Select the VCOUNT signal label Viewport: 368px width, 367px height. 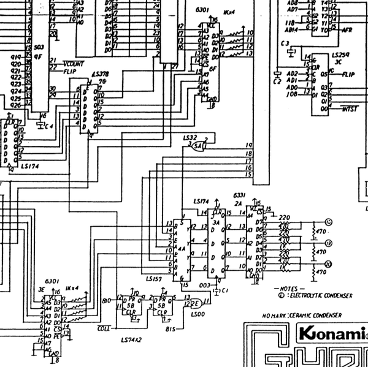(74, 64)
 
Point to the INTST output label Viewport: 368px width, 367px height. (350, 108)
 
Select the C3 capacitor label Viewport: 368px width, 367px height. (284, 44)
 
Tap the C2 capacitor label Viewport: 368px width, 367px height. (277, 80)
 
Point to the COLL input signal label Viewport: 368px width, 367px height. (104, 328)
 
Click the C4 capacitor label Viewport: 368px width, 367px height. (48, 126)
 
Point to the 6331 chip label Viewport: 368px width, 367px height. (239, 195)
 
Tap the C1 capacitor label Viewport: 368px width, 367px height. (225, 290)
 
